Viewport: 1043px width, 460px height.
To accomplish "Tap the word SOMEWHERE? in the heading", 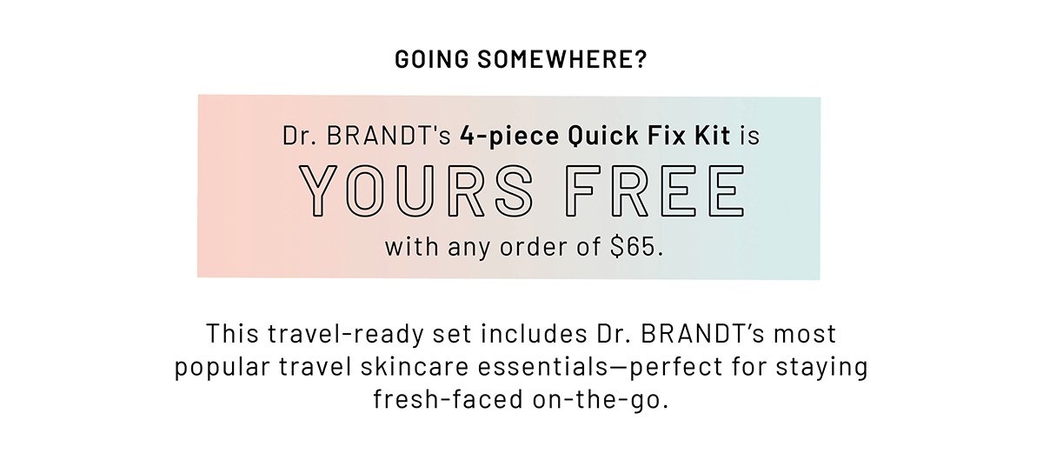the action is point(562,59).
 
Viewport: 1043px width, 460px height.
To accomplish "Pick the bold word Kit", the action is point(713,135).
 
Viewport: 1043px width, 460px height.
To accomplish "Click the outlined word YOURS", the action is point(415,190).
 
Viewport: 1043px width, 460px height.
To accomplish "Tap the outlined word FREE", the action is point(654,190).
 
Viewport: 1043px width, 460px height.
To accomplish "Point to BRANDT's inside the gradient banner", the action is point(389,136).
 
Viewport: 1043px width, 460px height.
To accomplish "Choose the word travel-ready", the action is point(346,335).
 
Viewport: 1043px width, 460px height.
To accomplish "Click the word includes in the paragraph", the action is point(534,334).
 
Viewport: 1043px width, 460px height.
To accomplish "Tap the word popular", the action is point(223,367).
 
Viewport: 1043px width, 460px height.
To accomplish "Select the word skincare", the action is point(414,366).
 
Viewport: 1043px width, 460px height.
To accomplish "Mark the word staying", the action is point(822,367).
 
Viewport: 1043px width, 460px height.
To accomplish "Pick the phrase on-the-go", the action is point(601,400).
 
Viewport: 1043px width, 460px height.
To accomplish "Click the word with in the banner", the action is point(412,247).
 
